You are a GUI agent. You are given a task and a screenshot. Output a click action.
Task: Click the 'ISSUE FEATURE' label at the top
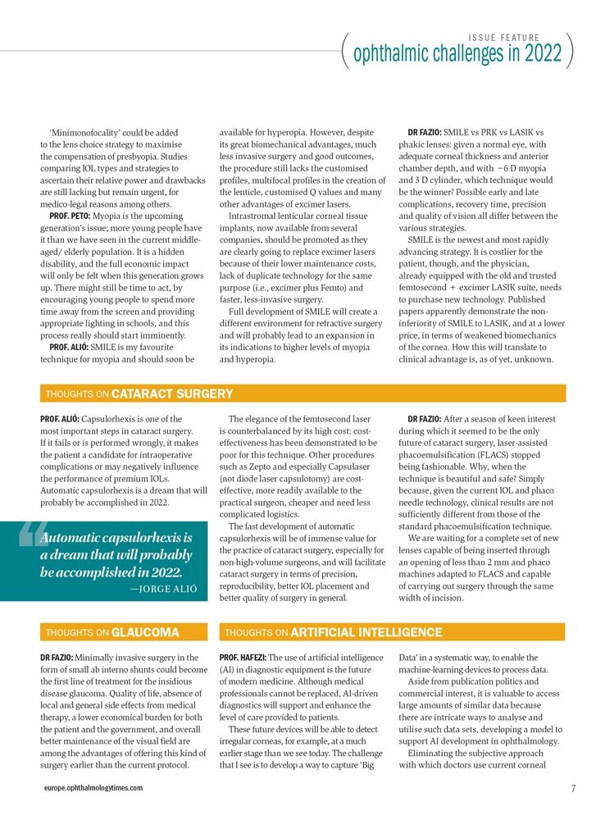pos(504,38)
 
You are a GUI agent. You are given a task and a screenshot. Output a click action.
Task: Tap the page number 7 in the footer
pos(575,788)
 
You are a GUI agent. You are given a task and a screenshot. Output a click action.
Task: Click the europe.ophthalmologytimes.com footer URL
pos(93,788)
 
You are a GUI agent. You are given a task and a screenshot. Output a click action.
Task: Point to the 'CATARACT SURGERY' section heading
pos(172,394)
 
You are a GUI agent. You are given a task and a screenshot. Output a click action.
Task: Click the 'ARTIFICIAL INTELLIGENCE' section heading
pos(366,632)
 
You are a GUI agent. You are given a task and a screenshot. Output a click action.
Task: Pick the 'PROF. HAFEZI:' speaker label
pos(243,658)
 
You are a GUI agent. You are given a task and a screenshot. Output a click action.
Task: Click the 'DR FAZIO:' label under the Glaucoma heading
pos(57,658)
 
